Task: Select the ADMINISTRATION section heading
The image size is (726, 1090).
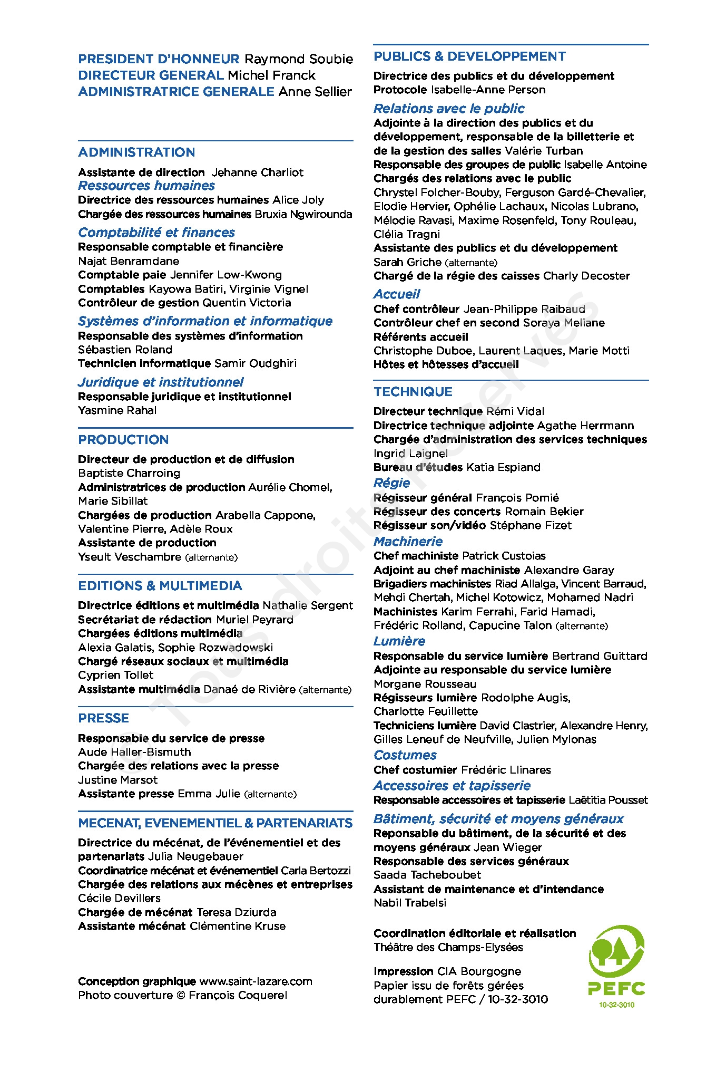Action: coord(136,152)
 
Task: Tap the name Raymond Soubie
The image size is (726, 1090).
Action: coord(299,59)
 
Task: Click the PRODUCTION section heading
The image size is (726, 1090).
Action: coord(123,440)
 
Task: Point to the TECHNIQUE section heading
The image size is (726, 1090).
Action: coord(413,392)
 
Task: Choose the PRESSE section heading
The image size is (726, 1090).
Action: coord(103,718)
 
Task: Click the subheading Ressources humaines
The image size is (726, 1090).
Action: coord(146,186)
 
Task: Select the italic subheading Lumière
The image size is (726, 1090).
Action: coord(399,641)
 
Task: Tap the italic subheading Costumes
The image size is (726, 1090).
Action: coord(405,755)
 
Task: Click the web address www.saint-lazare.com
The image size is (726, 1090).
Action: coord(256,981)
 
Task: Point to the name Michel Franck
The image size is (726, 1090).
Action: coord(271,75)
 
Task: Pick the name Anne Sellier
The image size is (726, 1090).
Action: coord(315,92)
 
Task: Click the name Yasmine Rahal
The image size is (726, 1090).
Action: coord(117,410)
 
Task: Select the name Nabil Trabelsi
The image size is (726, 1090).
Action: coord(410,903)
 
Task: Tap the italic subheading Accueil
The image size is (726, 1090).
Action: coord(397,294)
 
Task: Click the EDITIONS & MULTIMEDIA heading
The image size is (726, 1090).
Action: coord(160,586)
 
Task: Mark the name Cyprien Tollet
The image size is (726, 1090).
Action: coord(116,675)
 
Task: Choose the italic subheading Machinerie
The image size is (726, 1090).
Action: coord(408,542)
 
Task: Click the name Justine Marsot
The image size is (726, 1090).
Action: coord(118,780)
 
